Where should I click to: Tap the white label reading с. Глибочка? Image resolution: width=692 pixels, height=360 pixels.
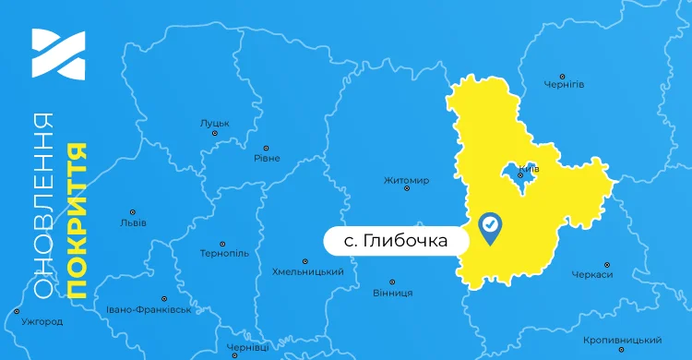[x=396, y=241]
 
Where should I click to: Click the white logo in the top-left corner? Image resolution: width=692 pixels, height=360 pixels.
[x=58, y=54]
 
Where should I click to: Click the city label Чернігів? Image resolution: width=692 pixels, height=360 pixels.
[x=565, y=85]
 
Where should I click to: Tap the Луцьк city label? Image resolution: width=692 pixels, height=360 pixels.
[x=214, y=123]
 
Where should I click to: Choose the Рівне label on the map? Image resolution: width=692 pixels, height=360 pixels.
[x=267, y=158]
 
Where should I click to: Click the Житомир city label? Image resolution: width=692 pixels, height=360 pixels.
[x=406, y=180]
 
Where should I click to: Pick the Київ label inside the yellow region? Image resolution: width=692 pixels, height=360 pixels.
[x=529, y=169]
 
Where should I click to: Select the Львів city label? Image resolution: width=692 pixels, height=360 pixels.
[x=133, y=222]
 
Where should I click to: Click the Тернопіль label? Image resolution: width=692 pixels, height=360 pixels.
[x=224, y=253]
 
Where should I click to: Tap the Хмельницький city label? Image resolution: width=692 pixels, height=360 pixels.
[x=308, y=272]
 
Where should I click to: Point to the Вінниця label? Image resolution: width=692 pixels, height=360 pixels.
[x=392, y=293]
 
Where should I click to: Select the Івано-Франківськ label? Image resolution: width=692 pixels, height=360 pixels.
[x=149, y=309]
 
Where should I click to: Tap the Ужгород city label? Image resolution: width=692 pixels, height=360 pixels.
[x=41, y=322]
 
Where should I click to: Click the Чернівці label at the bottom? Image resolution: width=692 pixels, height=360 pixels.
[x=247, y=347]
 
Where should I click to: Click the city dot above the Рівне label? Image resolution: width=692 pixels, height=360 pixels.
[x=267, y=147]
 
